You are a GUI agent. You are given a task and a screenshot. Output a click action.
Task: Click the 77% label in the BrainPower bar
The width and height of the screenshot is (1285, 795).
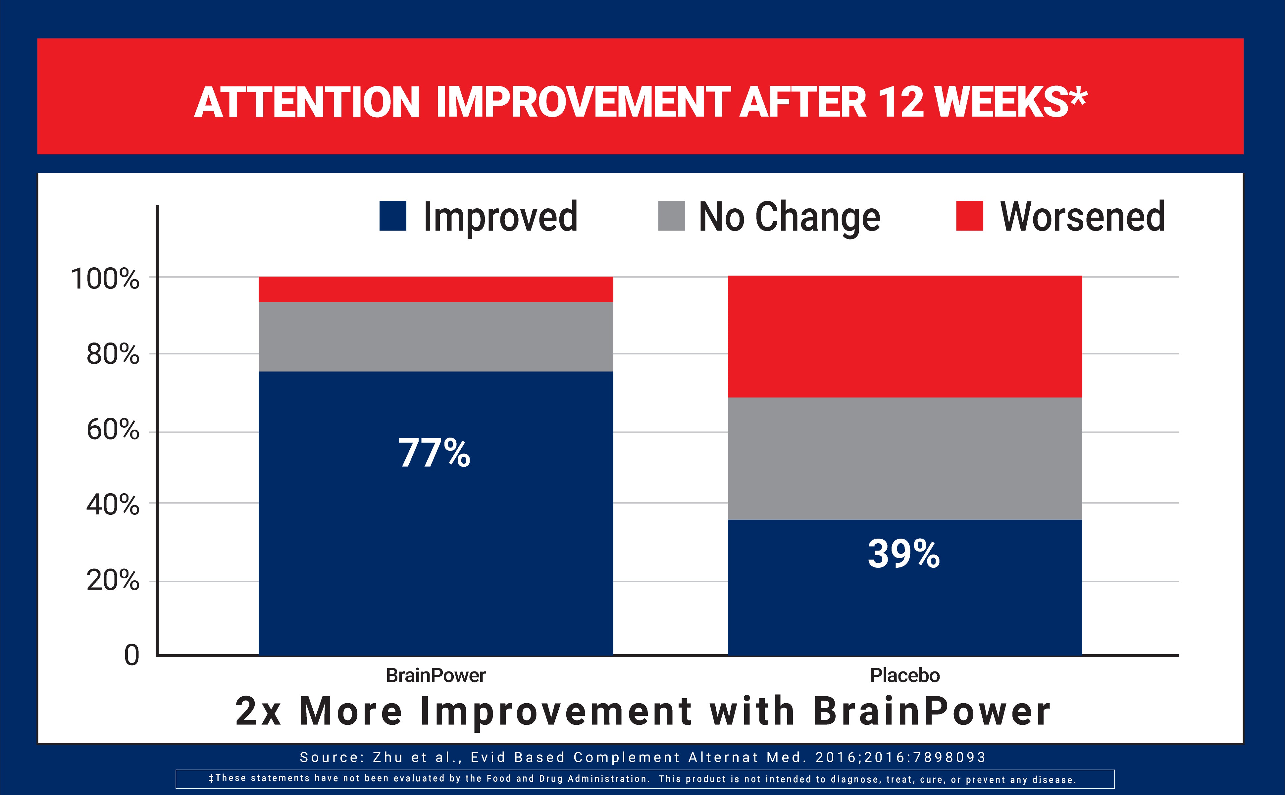[434, 453]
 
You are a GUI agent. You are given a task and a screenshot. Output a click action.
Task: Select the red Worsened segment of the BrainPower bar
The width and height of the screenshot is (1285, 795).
[436, 289]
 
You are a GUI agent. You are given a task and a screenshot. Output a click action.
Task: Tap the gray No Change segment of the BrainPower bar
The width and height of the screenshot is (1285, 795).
[436, 337]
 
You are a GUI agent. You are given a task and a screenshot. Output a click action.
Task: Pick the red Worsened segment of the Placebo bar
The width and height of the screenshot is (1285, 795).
[904, 337]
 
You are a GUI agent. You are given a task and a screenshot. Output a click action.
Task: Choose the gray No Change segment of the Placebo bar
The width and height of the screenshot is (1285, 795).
[904, 458]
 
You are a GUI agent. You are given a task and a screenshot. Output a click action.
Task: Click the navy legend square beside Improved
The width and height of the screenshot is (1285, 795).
[392, 216]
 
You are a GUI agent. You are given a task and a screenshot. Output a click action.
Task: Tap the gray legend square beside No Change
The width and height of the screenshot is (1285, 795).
[671, 216]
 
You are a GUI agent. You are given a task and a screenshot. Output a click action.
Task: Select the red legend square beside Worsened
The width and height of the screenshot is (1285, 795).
[969, 216]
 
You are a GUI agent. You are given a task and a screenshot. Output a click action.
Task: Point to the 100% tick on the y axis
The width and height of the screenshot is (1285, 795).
[105, 279]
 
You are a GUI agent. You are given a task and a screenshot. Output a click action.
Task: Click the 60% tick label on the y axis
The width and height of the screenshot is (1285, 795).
[113, 430]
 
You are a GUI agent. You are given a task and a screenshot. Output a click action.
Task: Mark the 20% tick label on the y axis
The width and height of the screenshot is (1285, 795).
[113, 580]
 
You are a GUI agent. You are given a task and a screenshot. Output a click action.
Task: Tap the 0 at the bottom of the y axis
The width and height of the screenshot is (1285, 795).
[131, 655]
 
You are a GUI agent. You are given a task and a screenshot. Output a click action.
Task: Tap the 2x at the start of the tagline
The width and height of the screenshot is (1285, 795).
[258, 712]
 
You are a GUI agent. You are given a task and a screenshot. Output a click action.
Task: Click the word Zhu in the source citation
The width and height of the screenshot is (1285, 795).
[388, 757]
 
